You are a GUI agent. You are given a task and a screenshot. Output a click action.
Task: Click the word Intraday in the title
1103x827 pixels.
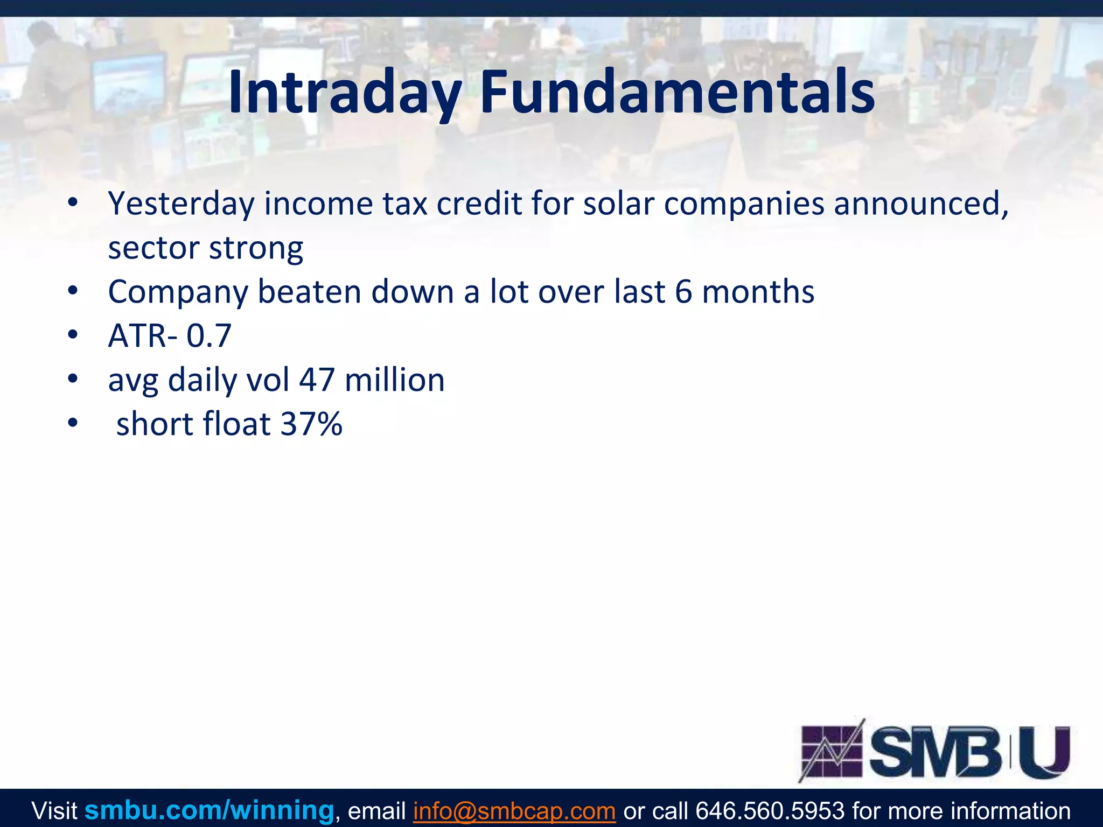[x=345, y=93]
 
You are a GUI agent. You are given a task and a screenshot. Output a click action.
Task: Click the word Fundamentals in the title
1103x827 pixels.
[x=676, y=93]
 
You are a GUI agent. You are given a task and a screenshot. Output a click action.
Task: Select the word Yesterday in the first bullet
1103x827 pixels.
[x=181, y=205]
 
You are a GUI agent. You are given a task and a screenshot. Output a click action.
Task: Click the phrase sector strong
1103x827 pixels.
[x=205, y=248]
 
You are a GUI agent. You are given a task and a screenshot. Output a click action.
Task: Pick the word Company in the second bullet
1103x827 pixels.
[x=178, y=293]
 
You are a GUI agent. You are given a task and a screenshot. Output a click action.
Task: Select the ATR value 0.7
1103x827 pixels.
[x=208, y=337]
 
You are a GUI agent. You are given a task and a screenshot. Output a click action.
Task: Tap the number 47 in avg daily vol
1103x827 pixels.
[x=317, y=380]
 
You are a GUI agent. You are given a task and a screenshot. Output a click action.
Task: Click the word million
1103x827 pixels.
[x=394, y=380]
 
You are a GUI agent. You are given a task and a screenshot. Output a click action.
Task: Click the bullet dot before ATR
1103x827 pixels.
[x=73, y=335]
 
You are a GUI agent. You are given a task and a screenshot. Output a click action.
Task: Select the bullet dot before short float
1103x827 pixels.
[x=73, y=424]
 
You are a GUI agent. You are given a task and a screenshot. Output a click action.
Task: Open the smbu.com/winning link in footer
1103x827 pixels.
[x=209, y=810]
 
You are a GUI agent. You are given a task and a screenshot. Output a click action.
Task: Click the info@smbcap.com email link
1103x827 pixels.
[x=514, y=811]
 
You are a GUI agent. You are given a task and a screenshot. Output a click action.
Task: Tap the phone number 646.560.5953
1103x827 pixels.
[x=770, y=811]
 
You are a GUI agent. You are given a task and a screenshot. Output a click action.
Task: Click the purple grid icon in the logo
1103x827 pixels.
[x=832, y=752]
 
